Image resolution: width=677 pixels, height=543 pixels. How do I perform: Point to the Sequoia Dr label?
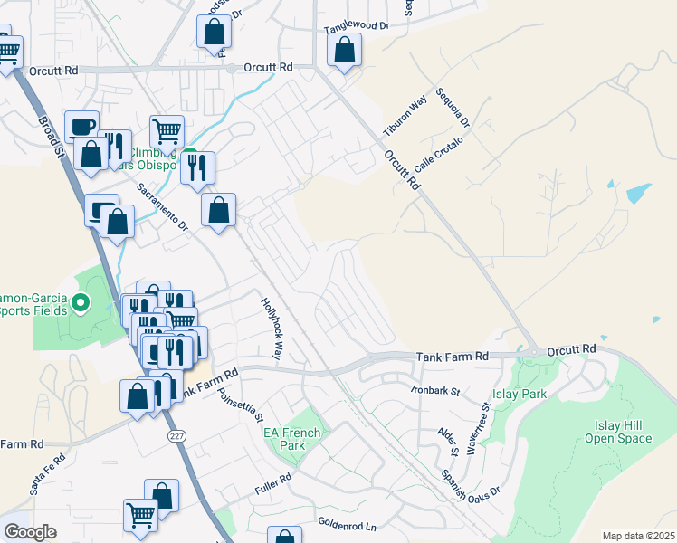pyautogui.click(x=453, y=108)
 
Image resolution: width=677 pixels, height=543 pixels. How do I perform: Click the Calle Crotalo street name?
pyautogui.click(x=439, y=155)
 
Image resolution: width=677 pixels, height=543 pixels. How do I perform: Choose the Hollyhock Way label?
pyautogui.click(x=272, y=329)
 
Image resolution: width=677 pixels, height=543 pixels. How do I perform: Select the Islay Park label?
pyautogui.click(x=520, y=395)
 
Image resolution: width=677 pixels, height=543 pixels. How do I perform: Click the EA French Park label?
pyautogui.click(x=292, y=439)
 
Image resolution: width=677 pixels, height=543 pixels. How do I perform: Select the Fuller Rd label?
pyautogui.click(x=272, y=477)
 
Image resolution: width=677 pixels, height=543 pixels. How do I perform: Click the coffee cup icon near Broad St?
pyautogui.click(x=82, y=126)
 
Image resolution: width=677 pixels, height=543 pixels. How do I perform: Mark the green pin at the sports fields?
pyautogui.click(x=81, y=304)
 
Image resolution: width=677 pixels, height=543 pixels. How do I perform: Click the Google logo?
pyautogui.click(x=30, y=532)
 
